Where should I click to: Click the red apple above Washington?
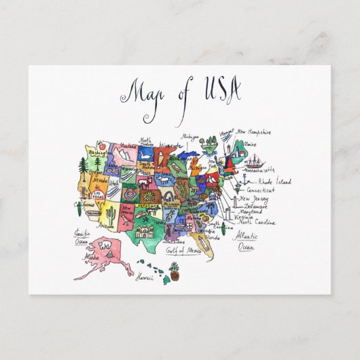click(x=98, y=145)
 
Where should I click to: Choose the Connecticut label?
click(x=262, y=192)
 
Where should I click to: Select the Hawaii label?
click(x=143, y=277)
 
